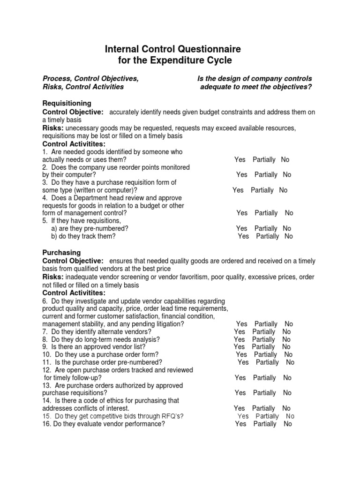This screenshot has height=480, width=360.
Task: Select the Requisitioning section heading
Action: [67, 103]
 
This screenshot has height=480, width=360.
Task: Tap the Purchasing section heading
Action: [61, 253]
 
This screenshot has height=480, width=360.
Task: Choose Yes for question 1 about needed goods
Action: [240, 160]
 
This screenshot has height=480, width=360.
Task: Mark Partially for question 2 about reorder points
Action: [266, 175]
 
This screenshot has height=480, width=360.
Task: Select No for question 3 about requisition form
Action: [283, 190]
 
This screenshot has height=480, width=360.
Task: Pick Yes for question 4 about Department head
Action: [242, 213]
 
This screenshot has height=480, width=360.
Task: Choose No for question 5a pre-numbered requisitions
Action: [287, 229]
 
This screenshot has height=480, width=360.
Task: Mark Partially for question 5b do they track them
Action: [268, 236]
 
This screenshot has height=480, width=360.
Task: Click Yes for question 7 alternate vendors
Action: [240, 332]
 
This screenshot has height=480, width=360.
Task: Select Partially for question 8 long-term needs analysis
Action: [263, 339]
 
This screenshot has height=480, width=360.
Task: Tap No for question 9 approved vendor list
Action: [286, 347]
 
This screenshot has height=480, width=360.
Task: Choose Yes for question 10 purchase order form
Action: [241, 355]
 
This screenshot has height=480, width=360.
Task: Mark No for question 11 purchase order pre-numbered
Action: [290, 362]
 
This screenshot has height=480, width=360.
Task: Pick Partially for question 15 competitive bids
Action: [267, 416]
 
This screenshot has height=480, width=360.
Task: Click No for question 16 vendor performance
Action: [287, 424]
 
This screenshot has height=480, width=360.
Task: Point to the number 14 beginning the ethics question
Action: [46, 401]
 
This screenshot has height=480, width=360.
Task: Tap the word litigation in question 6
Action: [168, 324]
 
